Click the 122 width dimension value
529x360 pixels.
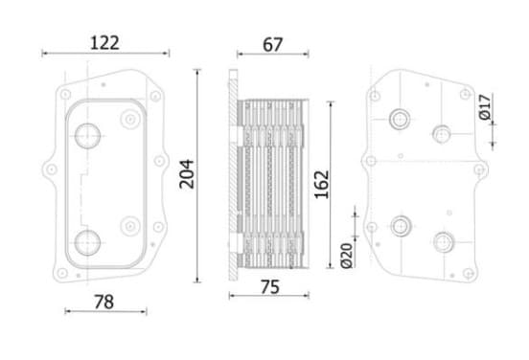point(104,43)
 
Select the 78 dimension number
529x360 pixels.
point(103,302)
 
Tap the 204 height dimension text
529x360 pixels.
point(187,174)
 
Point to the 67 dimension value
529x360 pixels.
point(272,44)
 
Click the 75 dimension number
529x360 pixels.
point(270,287)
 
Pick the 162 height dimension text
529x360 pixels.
point(321,185)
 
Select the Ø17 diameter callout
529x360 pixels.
point(485,107)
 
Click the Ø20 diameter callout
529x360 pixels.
point(347,256)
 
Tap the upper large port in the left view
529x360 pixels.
point(87,136)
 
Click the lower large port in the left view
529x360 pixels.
point(87,242)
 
